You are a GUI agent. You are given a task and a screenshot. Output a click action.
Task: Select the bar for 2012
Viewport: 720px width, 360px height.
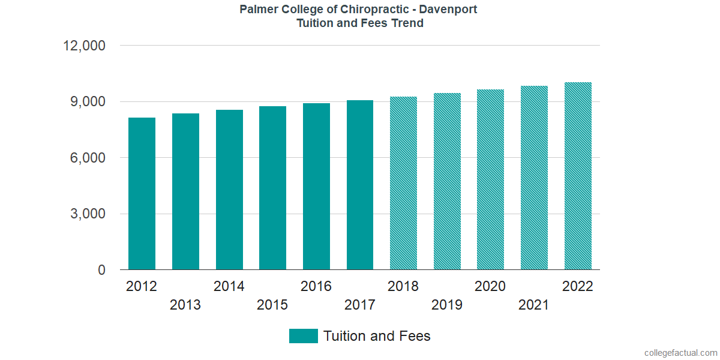pos(142,194)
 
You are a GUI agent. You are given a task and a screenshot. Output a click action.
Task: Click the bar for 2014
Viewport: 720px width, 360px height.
pos(229,190)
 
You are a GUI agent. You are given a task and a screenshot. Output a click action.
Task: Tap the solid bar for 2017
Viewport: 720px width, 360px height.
pos(360,185)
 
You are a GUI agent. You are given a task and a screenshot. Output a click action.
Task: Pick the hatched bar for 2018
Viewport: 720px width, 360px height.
pos(403,183)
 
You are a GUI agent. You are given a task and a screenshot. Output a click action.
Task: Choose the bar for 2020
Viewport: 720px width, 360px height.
pos(490,179)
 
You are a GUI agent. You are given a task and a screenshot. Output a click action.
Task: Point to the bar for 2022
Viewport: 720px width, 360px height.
pos(578,176)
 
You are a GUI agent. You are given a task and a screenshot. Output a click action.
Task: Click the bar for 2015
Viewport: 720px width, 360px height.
pos(272,188)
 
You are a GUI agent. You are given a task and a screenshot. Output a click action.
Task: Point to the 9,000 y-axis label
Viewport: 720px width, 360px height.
pos(89,101)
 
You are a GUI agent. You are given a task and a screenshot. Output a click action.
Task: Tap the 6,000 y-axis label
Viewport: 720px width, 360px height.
pos(89,158)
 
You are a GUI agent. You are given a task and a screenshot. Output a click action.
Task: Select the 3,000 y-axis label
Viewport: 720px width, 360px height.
pos(89,214)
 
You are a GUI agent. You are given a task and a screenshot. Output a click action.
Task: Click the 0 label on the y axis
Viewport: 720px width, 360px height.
pos(101,271)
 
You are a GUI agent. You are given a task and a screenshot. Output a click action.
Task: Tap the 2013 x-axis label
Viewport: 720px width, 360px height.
pos(185,305)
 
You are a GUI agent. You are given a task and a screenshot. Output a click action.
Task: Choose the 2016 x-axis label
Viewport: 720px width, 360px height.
pos(316,286)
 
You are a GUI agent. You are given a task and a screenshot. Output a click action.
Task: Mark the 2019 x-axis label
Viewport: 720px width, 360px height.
pos(447,305)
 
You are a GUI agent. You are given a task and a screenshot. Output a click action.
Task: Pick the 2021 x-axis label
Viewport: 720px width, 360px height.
pos(534,305)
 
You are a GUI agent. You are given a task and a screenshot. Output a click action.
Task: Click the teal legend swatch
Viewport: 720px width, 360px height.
pos(303,336)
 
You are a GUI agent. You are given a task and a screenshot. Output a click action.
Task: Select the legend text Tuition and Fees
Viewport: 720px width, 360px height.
pos(377,336)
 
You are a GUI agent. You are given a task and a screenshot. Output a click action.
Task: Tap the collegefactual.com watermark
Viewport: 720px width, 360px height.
pos(680,353)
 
